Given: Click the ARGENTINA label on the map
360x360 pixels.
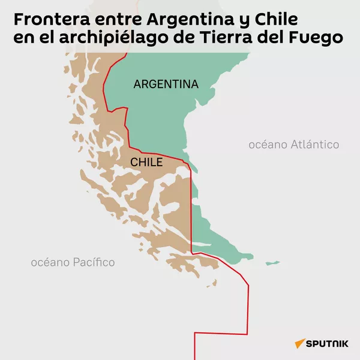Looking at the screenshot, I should click(166, 85).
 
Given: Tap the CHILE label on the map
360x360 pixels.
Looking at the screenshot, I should click(146, 162).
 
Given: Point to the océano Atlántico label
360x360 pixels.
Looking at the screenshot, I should click(294, 145).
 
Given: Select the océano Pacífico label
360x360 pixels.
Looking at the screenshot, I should click(73, 262).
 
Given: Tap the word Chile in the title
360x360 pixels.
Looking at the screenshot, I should click(278, 20).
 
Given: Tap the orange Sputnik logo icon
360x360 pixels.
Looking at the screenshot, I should click(299, 344).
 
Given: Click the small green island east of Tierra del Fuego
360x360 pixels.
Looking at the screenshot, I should click(273, 262).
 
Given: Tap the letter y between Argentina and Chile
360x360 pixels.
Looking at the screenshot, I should click(245, 22).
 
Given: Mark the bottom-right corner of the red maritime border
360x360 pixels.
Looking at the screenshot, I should click(248, 334).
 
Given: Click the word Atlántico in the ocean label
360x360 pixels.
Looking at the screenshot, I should click(314, 145).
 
